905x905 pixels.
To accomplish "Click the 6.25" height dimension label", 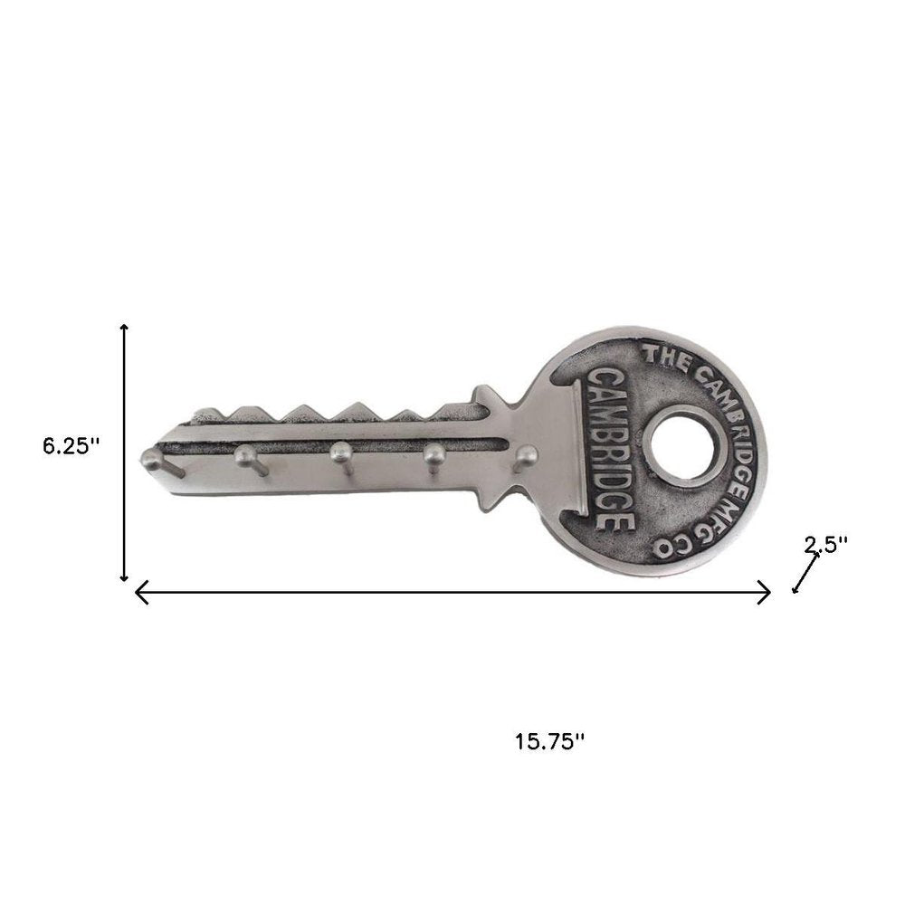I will pos(69,445).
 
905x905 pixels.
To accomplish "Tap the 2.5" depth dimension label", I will pos(826,544).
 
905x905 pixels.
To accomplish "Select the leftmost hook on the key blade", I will pos(152,460).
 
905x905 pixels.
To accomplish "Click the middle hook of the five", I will pos(340,452).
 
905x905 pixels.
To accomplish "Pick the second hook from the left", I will pos(245,456).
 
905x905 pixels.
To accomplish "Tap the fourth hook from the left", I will pos(433,452).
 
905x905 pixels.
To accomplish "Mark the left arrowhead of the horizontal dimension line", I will pos(138,593).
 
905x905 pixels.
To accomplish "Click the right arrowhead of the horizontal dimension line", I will pos(767,593).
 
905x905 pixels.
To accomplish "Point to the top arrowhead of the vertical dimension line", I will pos(125,327).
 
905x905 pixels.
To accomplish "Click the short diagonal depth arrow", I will pos(805,573).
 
